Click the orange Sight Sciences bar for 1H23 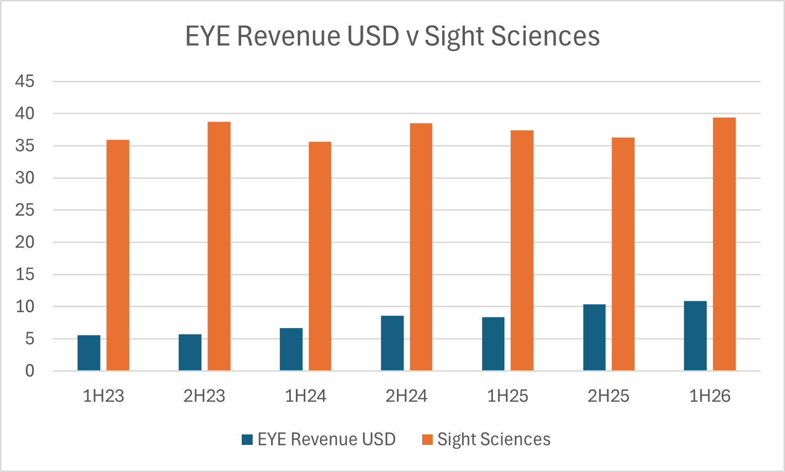point(118,255)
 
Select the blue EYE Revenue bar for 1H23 point(89,353)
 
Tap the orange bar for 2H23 point(219,246)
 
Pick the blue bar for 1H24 point(291,349)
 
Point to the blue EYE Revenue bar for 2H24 point(392,343)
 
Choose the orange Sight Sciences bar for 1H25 point(522,250)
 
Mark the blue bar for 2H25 point(594,337)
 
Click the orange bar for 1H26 point(724,244)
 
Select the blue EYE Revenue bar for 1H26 point(695,336)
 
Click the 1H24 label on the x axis point(305,396)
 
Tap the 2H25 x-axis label point(608,396)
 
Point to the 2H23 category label point(204,396)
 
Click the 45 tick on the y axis point(25,81)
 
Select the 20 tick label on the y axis point(25,242)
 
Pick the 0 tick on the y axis point(29,371)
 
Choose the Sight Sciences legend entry point(493,439)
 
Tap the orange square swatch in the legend point(427,440)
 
